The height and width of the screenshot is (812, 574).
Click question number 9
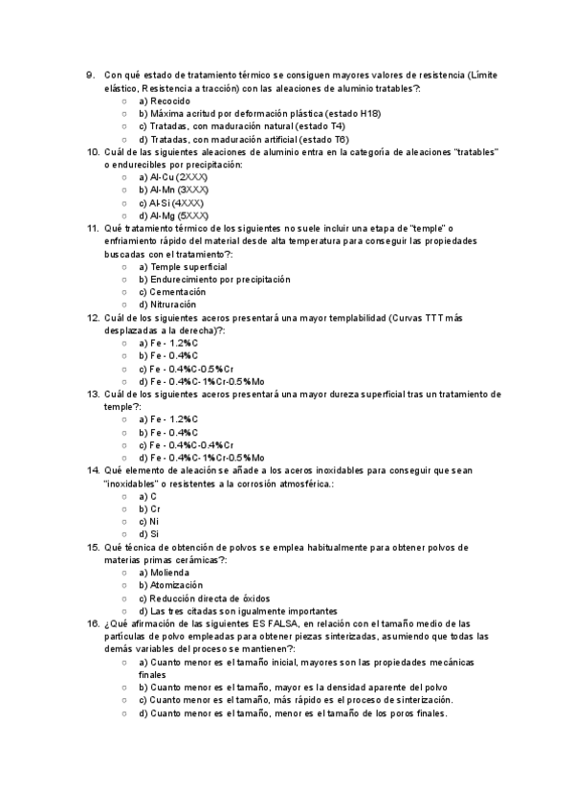(90, 75)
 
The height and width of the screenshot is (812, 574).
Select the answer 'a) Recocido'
(165, 101)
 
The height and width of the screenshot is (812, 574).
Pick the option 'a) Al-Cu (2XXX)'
(173, 177)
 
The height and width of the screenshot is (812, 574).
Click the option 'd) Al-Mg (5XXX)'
(173, 215)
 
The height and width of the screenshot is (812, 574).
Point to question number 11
(92, 228)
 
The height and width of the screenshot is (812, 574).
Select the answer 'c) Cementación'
(172, 292)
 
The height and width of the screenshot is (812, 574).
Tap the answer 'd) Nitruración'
(167, 304)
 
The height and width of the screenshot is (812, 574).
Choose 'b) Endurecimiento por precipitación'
(214, 280)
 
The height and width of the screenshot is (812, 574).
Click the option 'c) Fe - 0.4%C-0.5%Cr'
(187, 369)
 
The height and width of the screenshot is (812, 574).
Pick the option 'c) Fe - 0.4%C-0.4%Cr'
(187, 445)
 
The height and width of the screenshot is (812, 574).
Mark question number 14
(92, 470)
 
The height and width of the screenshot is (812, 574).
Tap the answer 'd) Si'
(148, 534)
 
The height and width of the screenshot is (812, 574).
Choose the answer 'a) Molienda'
(166, 573)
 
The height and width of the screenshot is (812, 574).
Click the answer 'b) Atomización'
(170, 585)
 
